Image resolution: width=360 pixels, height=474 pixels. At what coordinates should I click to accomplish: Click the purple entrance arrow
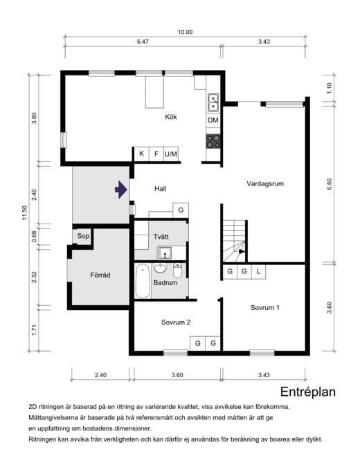tap(121, 189)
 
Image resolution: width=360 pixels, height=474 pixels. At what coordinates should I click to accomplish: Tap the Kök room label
tap(170, 117)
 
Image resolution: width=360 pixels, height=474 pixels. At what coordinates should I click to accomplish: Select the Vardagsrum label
tap(265, 184)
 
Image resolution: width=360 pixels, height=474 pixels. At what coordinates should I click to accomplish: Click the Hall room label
tap(160, 188)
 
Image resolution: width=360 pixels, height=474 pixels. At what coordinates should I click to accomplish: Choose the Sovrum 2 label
tap(176, 322)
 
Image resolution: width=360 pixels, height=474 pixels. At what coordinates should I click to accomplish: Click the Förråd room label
tap(100, 274)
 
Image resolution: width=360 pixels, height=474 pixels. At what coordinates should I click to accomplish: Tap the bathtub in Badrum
tap(142, 280)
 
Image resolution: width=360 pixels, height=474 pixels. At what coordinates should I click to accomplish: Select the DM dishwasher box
tap(213, 120)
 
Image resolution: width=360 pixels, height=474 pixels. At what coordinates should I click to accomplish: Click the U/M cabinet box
tap(171, 154)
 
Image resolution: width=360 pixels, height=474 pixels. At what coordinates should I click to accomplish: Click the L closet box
tap(258, 271)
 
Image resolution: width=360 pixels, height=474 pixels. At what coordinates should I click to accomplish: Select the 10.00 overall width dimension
tap(185, 31)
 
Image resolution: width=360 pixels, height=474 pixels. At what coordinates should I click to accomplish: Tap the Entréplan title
tap(308, 392)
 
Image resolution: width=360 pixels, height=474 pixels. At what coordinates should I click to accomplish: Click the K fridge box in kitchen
tap(141, 154)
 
